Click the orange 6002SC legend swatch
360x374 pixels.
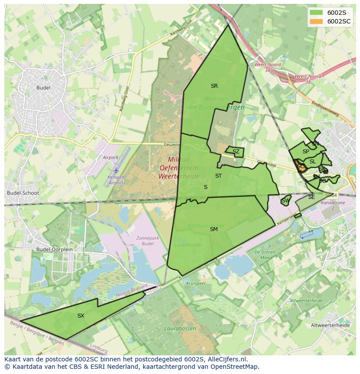coord(316,21)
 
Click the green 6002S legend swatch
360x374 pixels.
coord(316,12)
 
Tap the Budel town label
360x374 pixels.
coord(43,88)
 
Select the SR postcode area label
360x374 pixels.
coord(214,86)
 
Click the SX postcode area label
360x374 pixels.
coord(80,316)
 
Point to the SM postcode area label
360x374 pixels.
coord(213,229)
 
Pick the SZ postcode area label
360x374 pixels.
coord(236,152)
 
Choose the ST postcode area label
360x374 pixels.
coord(218,176)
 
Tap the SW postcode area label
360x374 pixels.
coord(285,201)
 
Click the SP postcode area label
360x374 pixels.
coord(306,152)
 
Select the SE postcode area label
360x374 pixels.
coord(311,197)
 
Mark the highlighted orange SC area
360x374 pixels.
coord(300,166)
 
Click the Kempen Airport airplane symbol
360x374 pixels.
coord(116,171)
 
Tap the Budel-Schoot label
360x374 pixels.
coord(23,193)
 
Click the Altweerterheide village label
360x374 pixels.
coord(330,325)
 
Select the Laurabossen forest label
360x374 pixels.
coord(180,329)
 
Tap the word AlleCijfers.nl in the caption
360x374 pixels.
coord(226,359)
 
